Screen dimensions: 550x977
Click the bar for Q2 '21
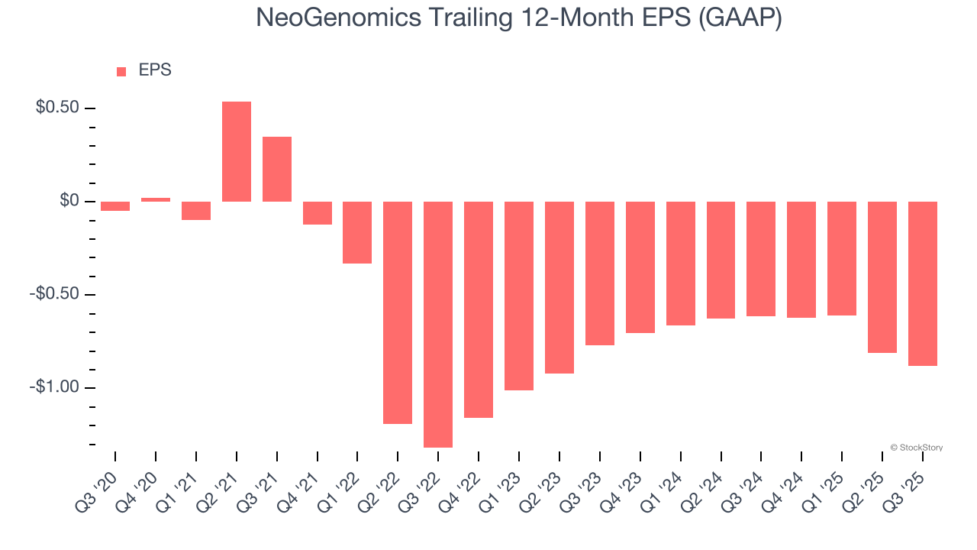(x=237, y=151)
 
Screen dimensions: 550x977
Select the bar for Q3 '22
(x=438, y=324)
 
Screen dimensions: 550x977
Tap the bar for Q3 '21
(x=277, y=169)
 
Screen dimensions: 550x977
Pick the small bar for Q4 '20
(x=156, y=199)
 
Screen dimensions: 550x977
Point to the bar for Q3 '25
(x=923, y=283)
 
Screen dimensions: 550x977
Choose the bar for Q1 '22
(x=357, y=232)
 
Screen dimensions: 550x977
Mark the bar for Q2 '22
(x=398, y=312)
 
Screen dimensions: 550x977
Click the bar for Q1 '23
(x=519, y=296)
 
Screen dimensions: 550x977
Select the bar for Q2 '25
(x=882, y=277)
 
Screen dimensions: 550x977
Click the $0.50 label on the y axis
(x=57, y=108)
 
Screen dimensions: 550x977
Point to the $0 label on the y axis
(x=69, y=201)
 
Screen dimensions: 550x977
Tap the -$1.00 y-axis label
(x=54, y=387)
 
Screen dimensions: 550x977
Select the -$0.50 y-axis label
(x=54, y=294)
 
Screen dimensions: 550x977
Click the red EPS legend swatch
(x=121, y=72)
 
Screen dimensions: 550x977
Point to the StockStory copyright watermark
(x=917, y=448)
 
